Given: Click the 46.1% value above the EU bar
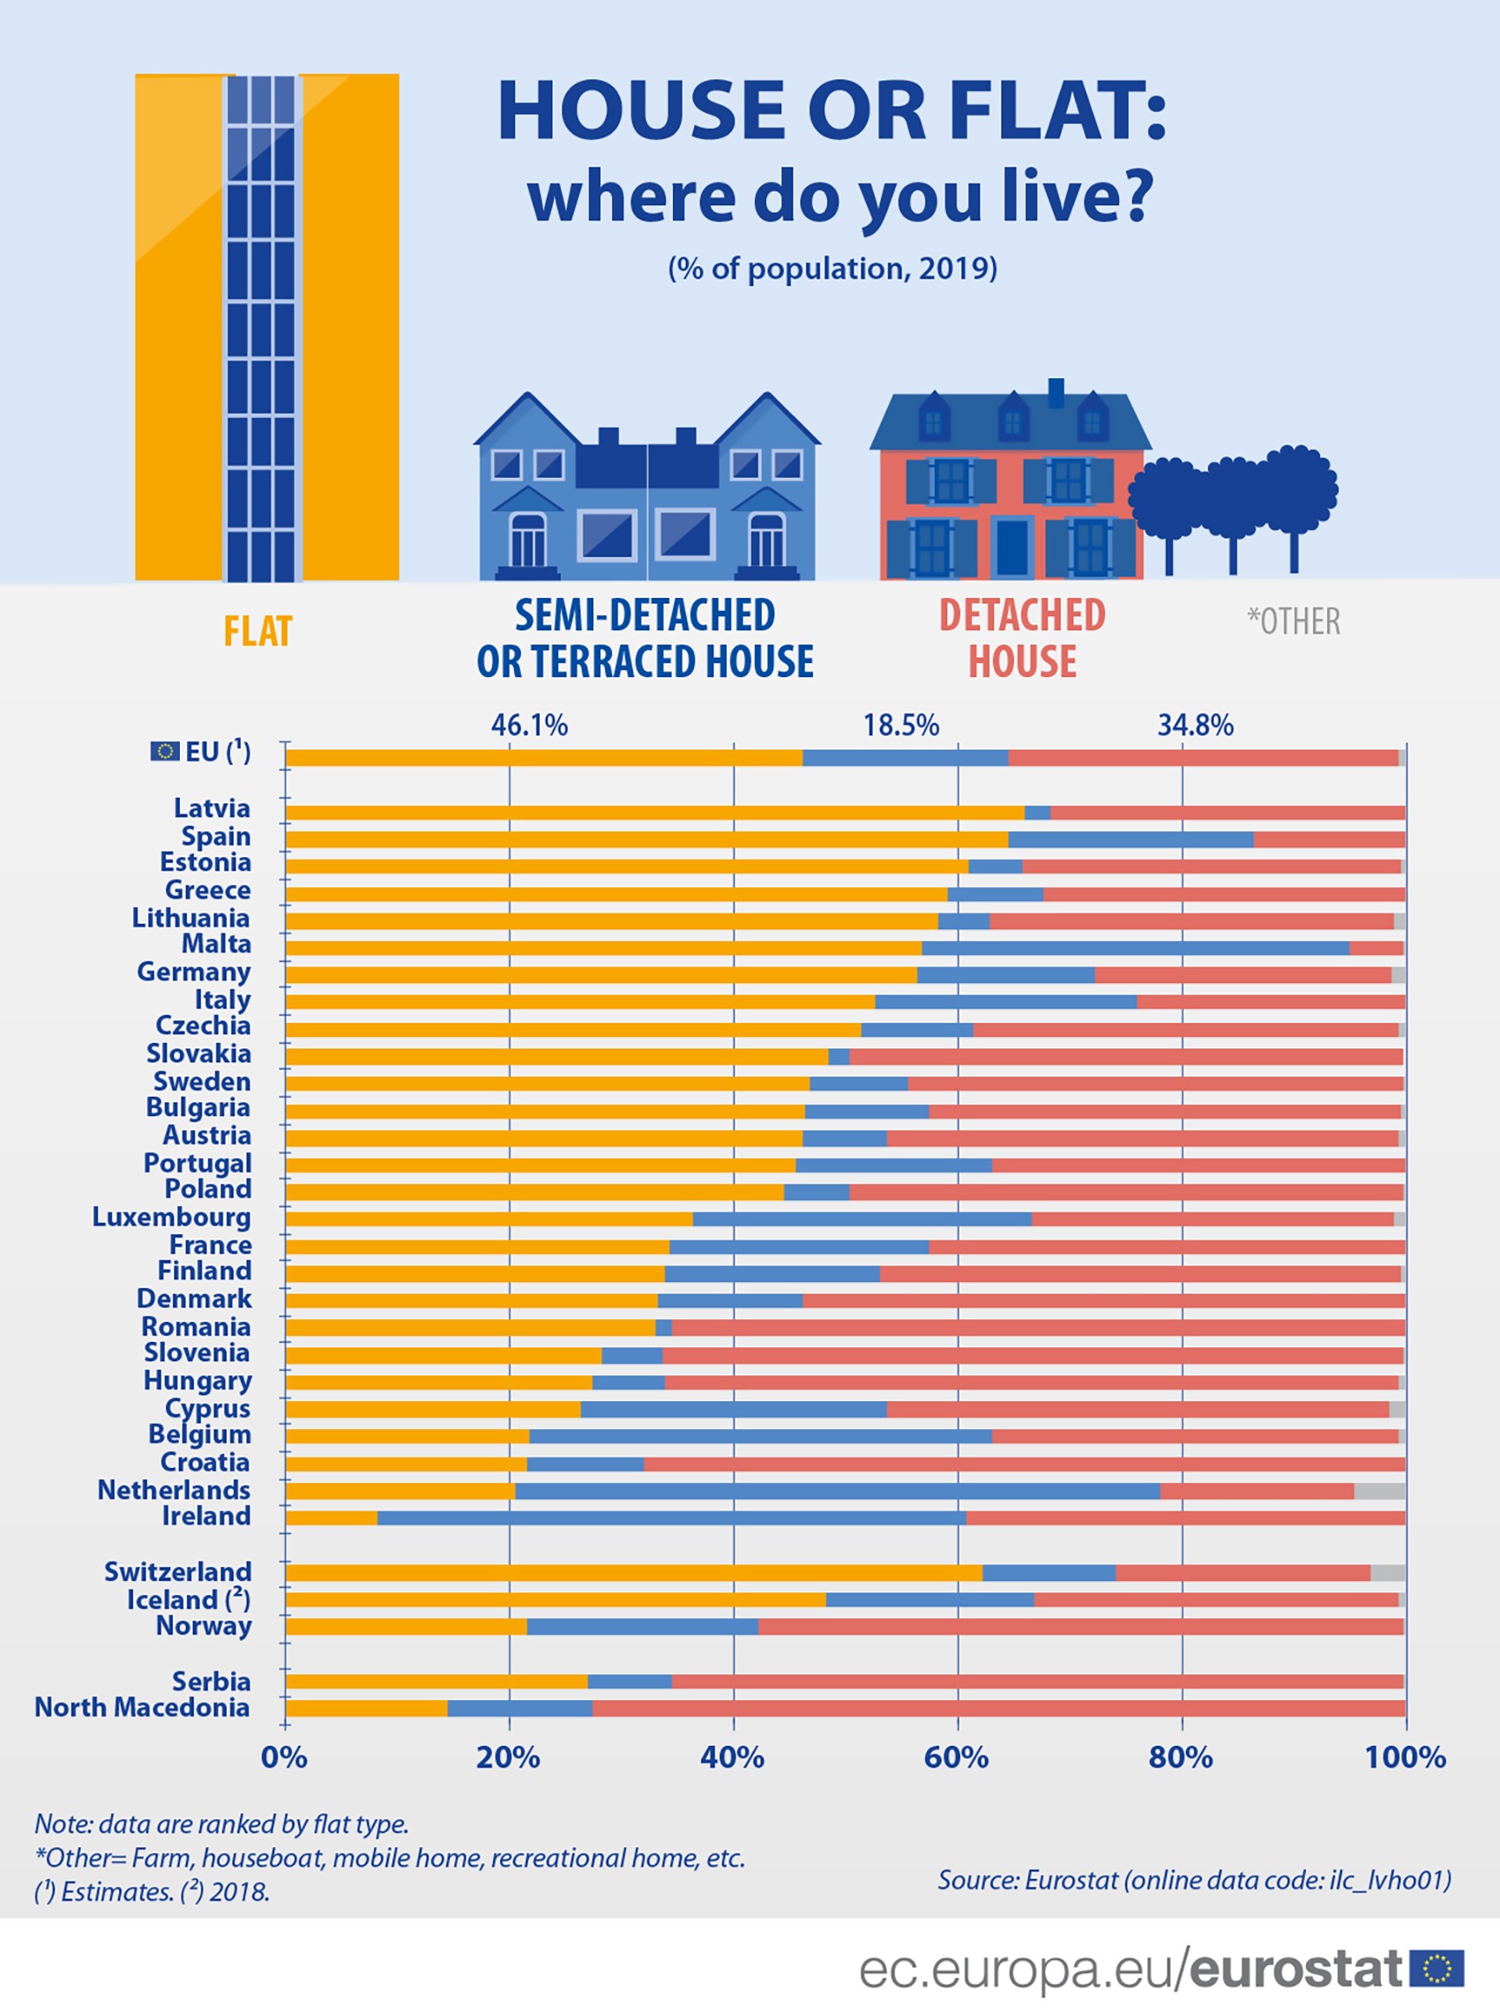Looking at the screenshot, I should [x=529, y=726].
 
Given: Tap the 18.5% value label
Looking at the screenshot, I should [x=900, y=726].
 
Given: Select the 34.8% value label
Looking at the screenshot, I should [x=1195, y=726].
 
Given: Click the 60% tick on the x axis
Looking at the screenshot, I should [x=956, y=1758].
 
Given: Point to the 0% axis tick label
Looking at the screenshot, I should [x=284, y=1758].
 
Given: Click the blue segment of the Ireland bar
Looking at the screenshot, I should [x=672, y=1518].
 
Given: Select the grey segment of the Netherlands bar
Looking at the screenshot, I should [x=1379, y=1491].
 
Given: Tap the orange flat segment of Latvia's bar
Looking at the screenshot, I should [x=653, y=813].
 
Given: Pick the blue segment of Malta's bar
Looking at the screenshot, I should [x=1135, y=948].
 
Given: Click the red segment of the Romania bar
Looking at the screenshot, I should [x=1038, y=1328].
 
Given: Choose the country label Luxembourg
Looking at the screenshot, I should [x=172, y=1217].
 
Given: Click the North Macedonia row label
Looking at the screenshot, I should [x=143, y=1707].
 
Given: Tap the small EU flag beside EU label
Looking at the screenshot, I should [x=164, y=751].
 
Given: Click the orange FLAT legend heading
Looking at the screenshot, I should [x=257, y=631].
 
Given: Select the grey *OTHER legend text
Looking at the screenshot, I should [x=1293, y=622].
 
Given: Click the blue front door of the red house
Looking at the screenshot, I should [x=1011, y=548].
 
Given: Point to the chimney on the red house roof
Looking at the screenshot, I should [x=1055, y=392].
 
